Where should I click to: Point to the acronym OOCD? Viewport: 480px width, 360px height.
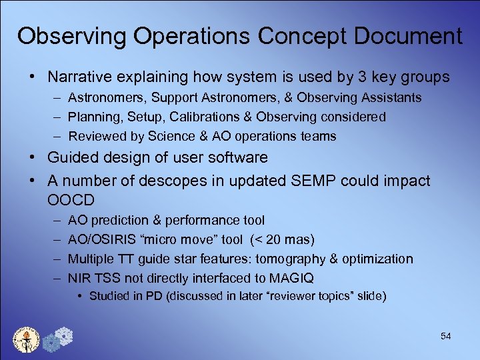(71, 200)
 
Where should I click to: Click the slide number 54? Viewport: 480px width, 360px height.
(445, 337)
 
